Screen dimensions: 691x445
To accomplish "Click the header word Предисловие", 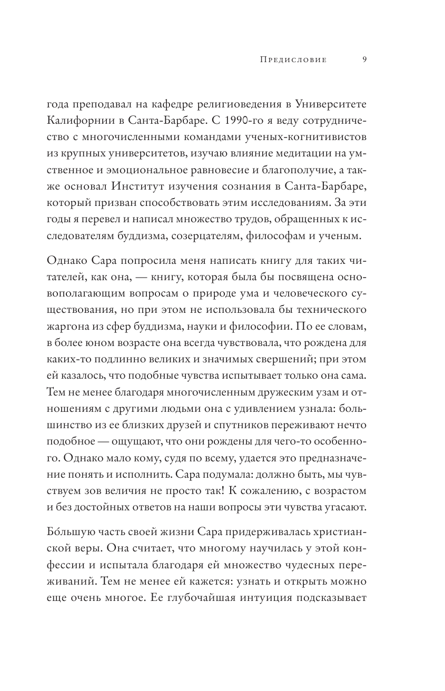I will [x=293, y=60].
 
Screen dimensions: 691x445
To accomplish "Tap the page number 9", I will [x=364, y=60].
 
